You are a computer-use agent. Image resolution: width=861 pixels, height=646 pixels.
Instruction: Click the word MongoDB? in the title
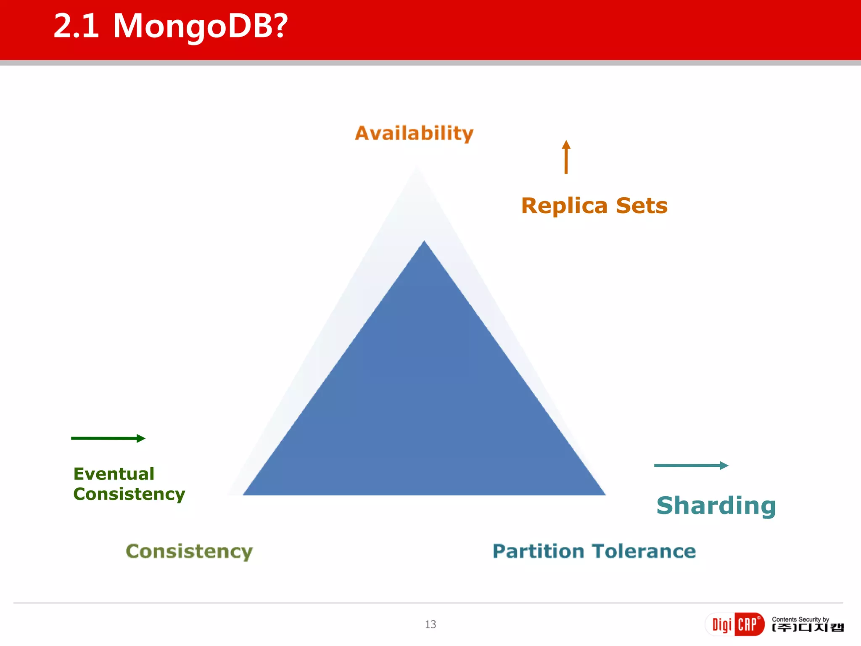click(x=200, y=26)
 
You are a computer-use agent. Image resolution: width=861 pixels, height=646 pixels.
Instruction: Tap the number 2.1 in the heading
click(x=77, y=26)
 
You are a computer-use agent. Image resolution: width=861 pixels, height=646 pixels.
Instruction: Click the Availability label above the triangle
click(x=414, y=133)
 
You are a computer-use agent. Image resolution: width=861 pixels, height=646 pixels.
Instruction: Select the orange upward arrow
click(x=566, y=157)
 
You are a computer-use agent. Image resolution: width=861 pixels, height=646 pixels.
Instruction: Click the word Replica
click(x=564, y=206)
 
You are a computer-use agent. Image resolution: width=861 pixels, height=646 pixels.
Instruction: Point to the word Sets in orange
click(x=642, y=206)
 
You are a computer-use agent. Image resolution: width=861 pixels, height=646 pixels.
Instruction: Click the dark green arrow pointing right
click(x=108, y=438)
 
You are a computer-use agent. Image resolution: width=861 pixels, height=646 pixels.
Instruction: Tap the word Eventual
click(x=114, y=474)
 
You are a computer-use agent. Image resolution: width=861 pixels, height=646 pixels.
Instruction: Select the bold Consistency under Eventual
click(x=129, y=494)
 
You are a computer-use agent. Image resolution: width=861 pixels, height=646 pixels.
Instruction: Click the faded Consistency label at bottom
click(x=189, y=551)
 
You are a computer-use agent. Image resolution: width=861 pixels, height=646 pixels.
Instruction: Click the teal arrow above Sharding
click(x=691, y=465)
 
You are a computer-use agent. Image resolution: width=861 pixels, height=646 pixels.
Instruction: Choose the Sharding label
click(x=716, y=506)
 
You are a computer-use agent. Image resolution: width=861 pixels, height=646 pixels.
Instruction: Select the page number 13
click(x=430, y=625)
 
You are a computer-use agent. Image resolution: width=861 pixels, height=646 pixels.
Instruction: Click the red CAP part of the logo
click(x=748, y=624)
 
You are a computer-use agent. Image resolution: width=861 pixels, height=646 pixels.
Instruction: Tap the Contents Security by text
click(x=800, y=619)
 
